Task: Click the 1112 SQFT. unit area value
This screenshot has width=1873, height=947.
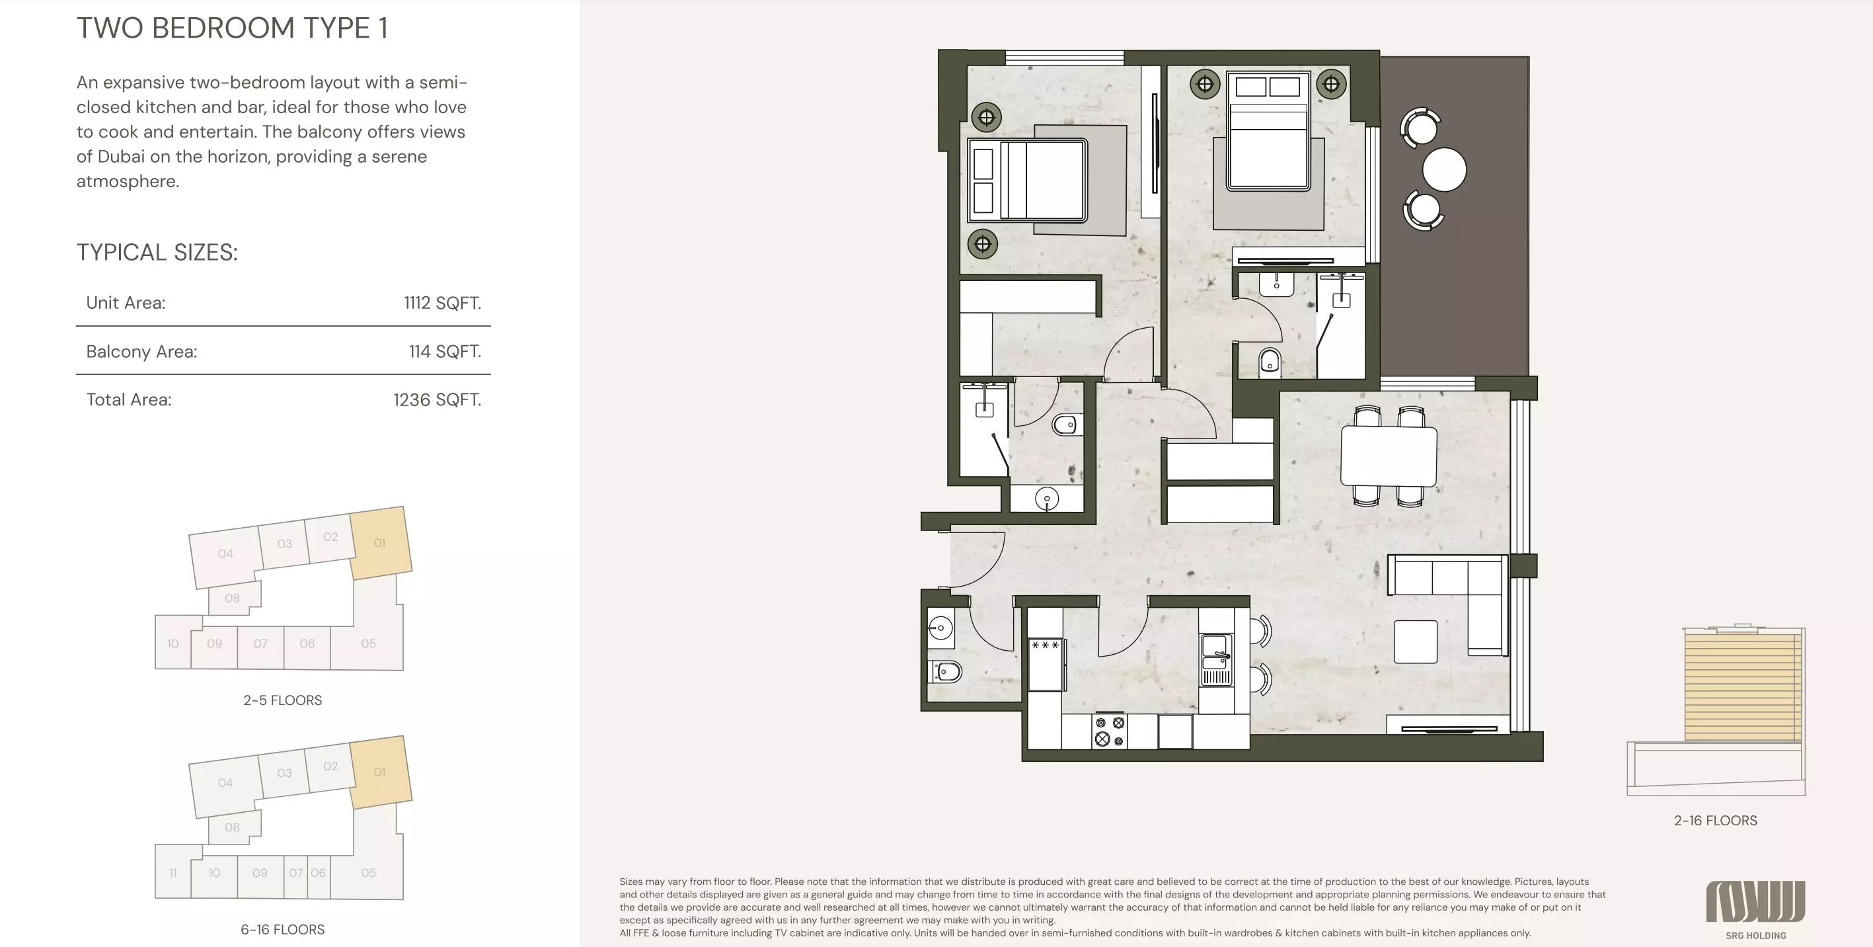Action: coord(442,303)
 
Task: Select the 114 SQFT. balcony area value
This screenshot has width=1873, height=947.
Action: coord(444,351)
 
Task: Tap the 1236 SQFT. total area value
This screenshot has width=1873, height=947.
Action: coord(436,399)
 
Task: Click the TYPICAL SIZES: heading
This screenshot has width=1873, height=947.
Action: coord(157,253)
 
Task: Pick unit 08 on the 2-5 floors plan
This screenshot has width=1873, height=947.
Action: coord(232,598)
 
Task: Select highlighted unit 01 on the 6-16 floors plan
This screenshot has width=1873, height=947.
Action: coord(379,772)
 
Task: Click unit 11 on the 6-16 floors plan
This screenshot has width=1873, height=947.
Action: coord(172,873)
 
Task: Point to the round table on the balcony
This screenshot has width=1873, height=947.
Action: coord(1444,169)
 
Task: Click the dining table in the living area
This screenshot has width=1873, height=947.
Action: coord(1388,456)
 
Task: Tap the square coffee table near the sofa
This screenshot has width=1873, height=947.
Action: coord(1415,641)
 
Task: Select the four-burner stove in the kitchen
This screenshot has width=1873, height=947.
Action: coord(1110,731)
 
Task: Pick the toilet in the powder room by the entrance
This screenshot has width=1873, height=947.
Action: coord(945,671)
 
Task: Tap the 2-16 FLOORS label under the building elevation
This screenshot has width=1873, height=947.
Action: coord(1715,821)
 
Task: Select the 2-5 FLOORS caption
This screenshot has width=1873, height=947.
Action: coord(282,700)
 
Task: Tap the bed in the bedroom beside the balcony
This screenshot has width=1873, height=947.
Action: coord(1268,138)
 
